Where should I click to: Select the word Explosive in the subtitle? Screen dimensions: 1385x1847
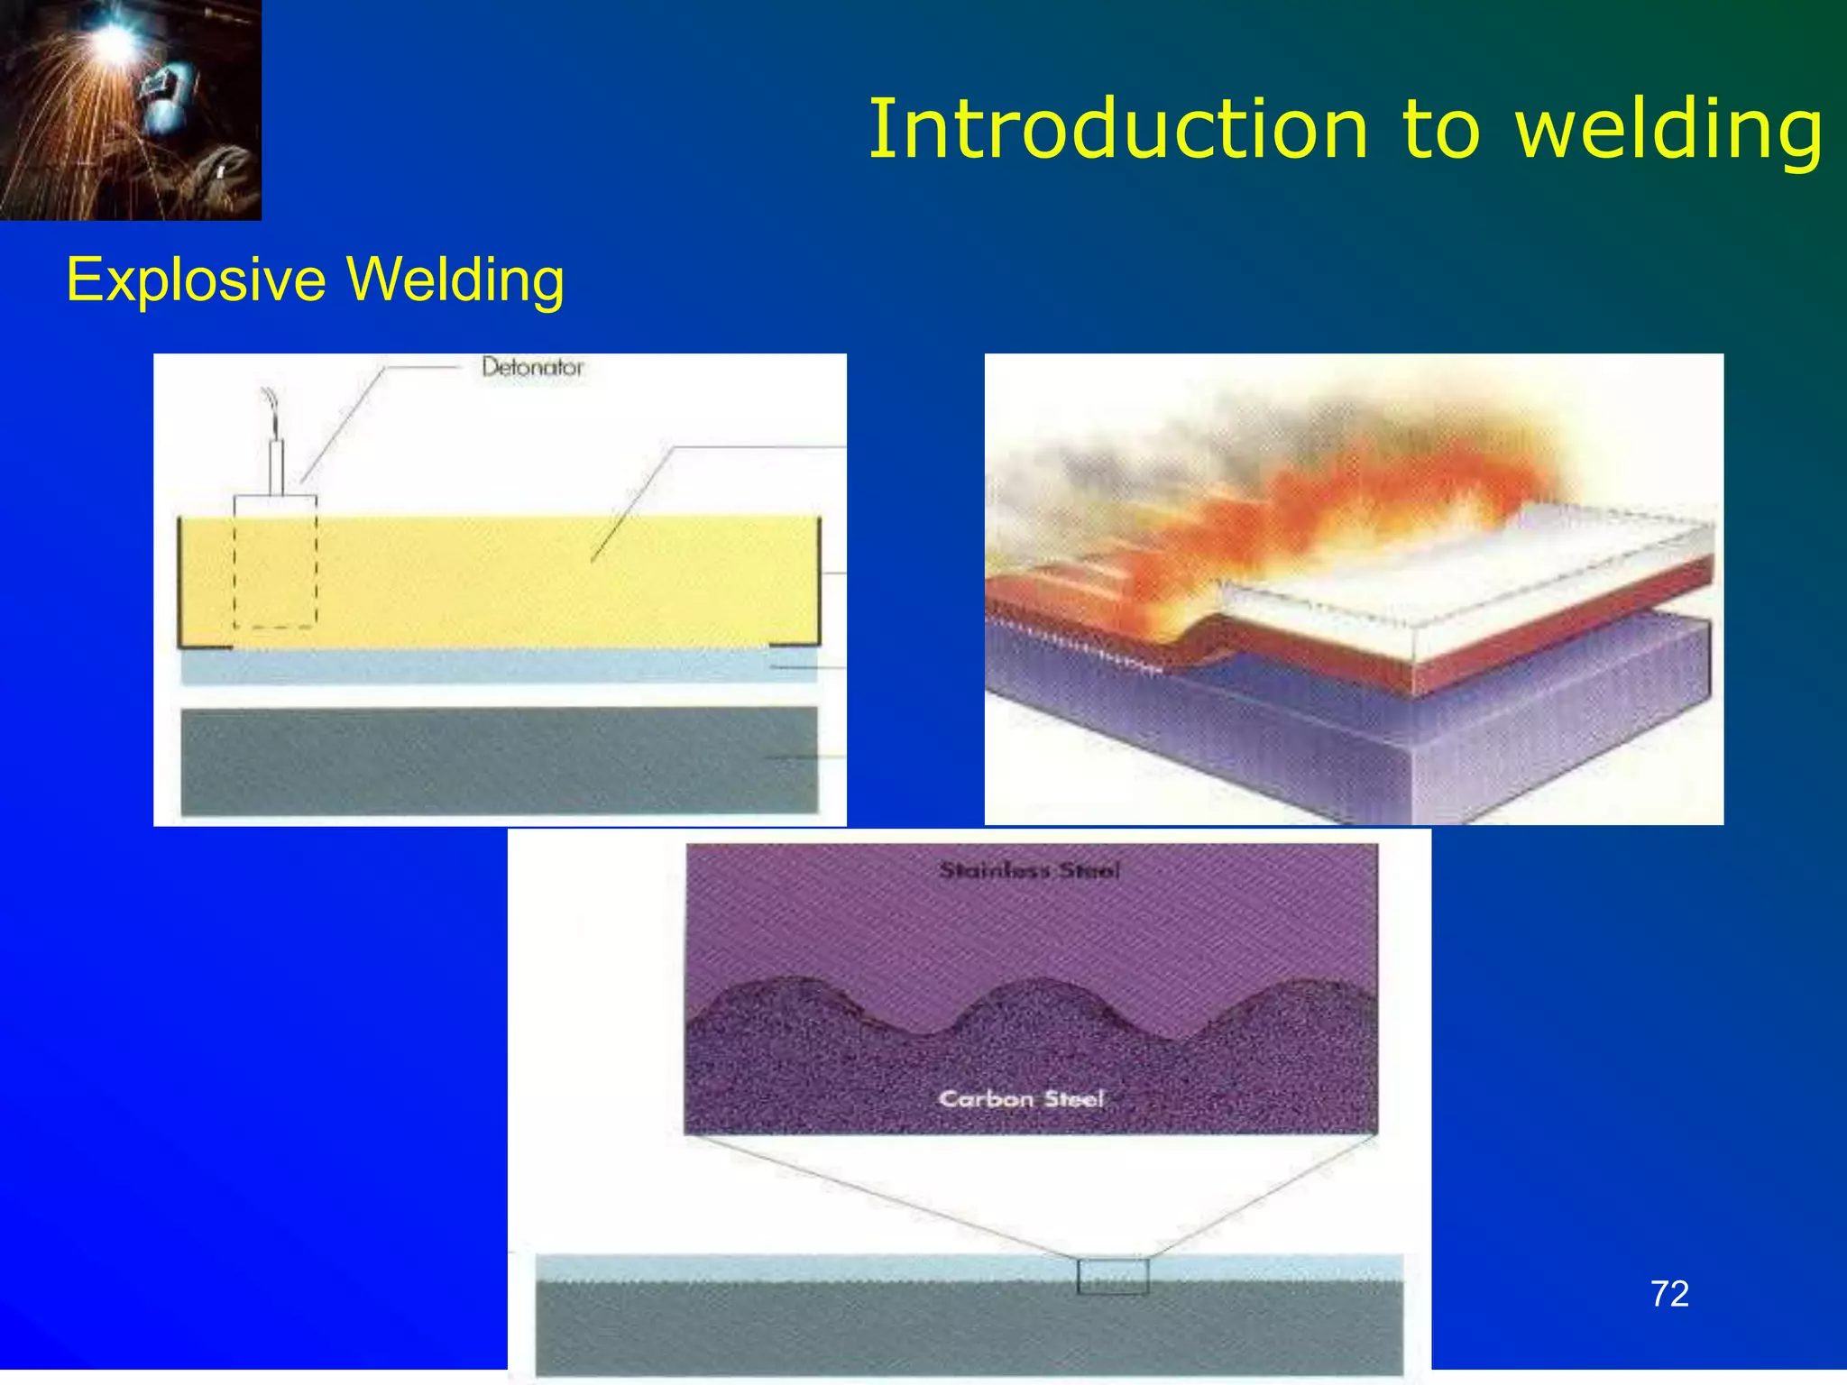click(x=196, y=279)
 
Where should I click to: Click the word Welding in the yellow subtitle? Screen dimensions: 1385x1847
click(x=456, y=279)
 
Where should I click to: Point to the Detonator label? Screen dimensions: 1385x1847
click(x=532, y=367)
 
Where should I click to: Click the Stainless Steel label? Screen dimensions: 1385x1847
click(x=1030, y=870)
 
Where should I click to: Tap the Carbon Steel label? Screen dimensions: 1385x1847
click(x=1022, y=1098)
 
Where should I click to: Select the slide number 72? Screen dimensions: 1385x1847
click(x=1669, y=1294)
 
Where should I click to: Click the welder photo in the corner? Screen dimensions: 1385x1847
click(x=131, y=110)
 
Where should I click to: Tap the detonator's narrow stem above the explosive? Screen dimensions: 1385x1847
click(x=277, y=467)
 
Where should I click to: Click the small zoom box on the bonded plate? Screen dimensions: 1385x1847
click(x=1113, y=1276)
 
